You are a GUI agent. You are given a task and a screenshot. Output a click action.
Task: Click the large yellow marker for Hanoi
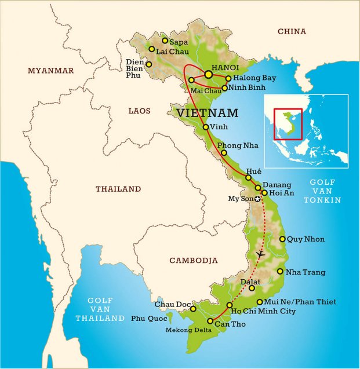point(208,74)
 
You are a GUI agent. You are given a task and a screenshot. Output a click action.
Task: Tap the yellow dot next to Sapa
point(165,41)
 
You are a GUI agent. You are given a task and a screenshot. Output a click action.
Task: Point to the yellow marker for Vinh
point(206,127)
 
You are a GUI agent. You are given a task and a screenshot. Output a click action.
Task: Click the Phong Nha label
point(238,145)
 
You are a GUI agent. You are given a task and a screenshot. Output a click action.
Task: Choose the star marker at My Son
point(258,199)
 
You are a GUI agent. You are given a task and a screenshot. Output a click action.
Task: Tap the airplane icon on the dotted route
point(260,254)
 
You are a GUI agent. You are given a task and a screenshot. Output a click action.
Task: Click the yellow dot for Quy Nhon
point(282,239)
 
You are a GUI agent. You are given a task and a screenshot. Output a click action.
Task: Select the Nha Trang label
point(306,272)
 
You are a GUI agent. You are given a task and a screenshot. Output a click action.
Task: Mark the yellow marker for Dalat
point(252,288)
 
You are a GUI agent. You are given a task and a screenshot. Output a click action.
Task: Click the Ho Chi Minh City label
point(265,311)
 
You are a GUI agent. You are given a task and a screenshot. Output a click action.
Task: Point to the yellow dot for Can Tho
point(210,321)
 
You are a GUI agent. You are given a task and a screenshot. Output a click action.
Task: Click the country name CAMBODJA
point(193,261)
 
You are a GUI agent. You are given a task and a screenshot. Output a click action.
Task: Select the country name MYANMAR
point(51,71)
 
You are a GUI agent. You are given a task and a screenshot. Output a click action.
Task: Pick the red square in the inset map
point(288,124)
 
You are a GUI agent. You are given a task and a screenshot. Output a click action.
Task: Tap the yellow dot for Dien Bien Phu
point(149,64)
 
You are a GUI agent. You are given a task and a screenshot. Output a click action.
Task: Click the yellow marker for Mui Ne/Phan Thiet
point(259,302)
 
